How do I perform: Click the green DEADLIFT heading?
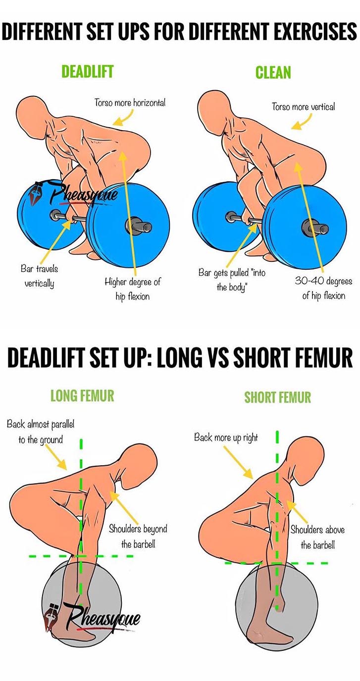87,72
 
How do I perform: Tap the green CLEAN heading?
273,73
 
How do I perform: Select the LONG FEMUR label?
82,395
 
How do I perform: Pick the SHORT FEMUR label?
277,397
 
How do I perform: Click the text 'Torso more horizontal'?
130,103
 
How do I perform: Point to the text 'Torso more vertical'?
303,106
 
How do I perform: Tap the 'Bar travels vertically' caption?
39,276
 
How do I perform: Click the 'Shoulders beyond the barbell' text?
138,536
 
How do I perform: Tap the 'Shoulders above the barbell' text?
317,537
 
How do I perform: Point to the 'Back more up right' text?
226,438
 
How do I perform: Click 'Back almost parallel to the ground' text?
41,432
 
